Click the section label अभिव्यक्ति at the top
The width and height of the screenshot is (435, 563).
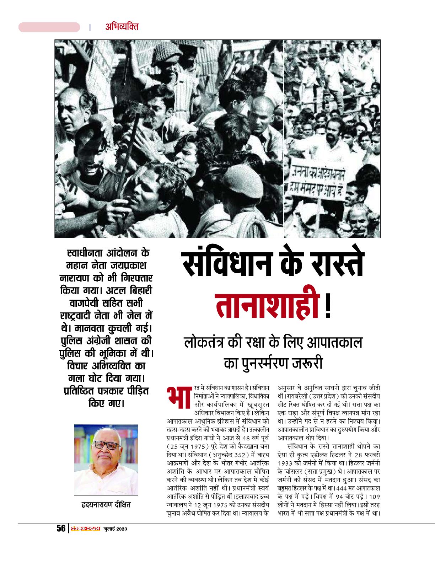[x=122, y=27]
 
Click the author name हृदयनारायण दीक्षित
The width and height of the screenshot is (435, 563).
[x=106, y=505]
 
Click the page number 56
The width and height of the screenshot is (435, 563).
[x=61, y=528]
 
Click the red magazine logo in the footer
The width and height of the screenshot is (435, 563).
[x=85, y=529]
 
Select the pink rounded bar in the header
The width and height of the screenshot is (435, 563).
[x=49, y=27]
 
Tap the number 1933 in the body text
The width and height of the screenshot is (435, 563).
[x=285, y=463]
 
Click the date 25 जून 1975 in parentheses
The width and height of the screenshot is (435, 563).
[x=187, y=446]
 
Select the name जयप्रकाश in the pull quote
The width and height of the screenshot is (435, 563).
[x=128, y=266]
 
